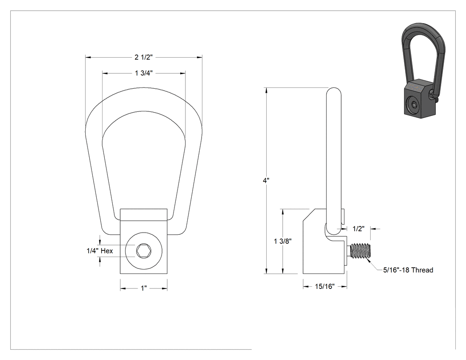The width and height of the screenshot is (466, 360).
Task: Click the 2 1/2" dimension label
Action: coord(143,57)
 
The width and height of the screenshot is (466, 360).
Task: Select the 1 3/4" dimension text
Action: coord(143,73)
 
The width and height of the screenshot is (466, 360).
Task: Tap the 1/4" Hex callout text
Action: coord(99,251)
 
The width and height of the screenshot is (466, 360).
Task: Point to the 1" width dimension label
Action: coord(144,289)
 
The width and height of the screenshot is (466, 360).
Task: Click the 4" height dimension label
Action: coord(266,181)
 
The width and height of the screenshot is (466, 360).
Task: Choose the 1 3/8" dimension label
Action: coord(283,241)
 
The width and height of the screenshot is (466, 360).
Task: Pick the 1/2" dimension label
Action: coord(359,229)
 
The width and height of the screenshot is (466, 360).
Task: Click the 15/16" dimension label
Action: coord(325,287)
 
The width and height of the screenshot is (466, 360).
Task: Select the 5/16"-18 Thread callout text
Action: coord(408,270)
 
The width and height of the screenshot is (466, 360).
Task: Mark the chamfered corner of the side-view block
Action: coord(309,215)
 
